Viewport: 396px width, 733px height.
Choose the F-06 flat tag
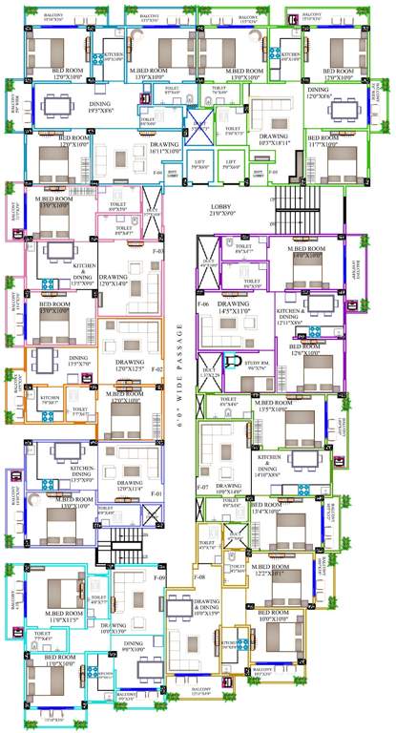tap(203, 304)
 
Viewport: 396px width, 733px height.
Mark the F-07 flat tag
tap(203, 488)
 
